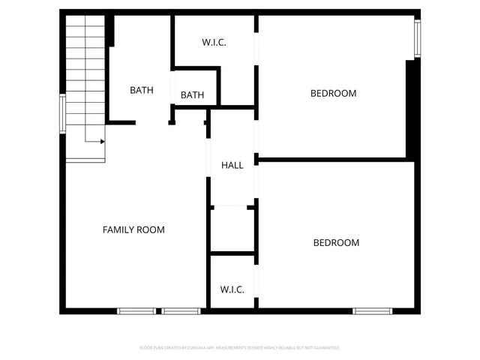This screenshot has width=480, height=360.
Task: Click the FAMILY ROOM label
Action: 133,229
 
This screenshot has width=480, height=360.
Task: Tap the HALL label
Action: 232,165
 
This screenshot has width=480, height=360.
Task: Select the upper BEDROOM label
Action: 333,94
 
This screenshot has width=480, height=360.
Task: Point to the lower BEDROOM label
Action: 336,242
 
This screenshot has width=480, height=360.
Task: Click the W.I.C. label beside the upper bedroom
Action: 214,43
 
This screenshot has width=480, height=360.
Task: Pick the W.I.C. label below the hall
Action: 232,289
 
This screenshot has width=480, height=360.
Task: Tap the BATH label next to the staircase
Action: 141,91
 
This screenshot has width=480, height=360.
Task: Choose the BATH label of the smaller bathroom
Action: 192,95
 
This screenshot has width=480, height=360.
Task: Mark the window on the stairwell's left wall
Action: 63,113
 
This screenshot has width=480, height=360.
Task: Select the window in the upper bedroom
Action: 418,38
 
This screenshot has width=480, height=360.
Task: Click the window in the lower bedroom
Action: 373,310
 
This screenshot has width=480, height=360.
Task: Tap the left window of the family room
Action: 136,310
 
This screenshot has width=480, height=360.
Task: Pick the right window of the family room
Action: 181,310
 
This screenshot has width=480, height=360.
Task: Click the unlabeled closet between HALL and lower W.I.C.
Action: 232,229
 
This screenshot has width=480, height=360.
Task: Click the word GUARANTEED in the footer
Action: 323,348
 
